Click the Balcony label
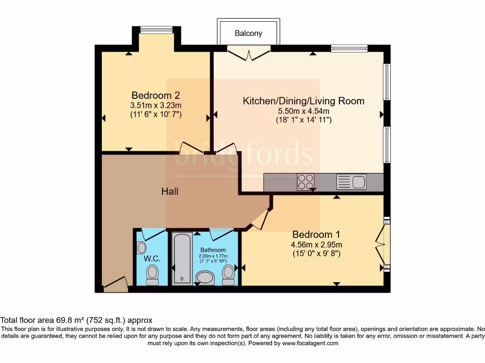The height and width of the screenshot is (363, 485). pos(248,34)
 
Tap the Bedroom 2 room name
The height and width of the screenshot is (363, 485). pos(155,95)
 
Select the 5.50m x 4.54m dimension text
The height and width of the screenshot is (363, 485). pos(303,111)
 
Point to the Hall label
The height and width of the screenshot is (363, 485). pos(170,191)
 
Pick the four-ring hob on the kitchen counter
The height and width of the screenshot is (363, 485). pos(305,181)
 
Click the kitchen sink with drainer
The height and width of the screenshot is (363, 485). pos(351,181)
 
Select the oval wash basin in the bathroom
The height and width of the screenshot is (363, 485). pos(205,277)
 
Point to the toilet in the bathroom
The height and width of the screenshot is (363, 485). pos(228,274)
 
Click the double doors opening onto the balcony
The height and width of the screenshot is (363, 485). pos(249,53)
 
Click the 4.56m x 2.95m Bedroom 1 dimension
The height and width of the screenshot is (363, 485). pos(316,244)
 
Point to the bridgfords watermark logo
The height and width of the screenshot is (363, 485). pos(243,155)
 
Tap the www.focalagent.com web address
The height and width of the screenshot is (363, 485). pos(310,343)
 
